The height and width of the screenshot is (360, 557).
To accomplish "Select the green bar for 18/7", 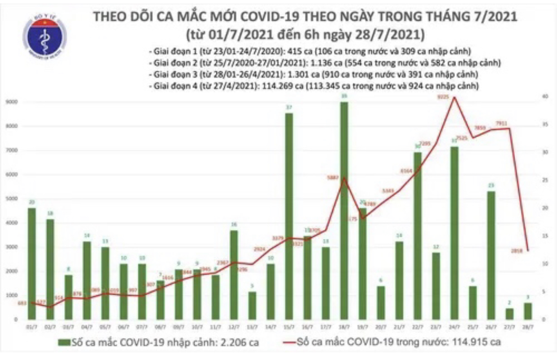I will click(x=344, y=211).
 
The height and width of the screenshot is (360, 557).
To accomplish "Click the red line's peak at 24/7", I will click(x=455, y=97).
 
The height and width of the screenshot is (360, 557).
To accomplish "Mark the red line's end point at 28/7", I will click(x=528, y=251).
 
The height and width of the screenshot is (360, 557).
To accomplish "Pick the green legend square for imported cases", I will click(x=64, y=343).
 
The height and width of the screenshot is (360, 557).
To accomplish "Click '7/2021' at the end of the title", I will click(x=495, y=17).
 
